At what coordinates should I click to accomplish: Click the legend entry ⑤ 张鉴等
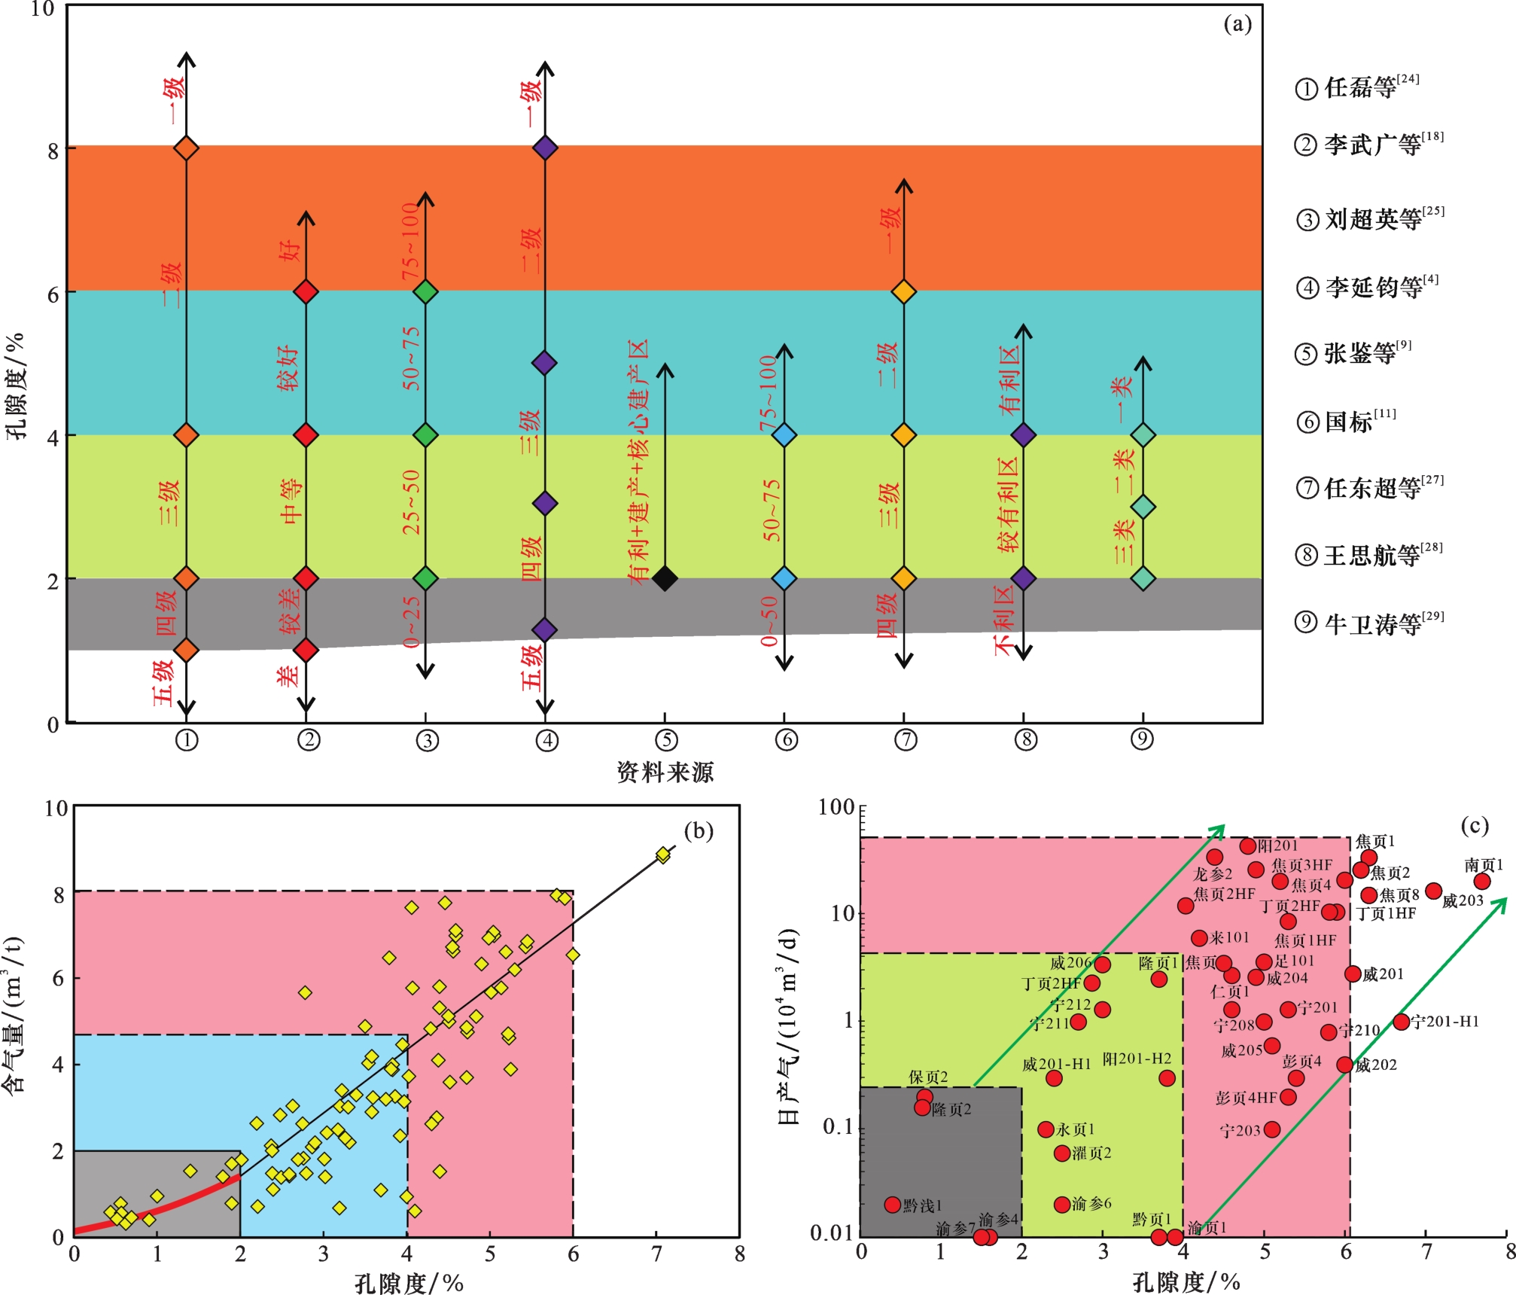(1353, 352)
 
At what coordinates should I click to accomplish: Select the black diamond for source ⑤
(665, 578)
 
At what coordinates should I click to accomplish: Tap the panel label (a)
(1237, 24)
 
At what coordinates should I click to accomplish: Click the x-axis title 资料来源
(665, 772)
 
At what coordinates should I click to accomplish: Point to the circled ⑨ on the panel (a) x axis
(1143, 739)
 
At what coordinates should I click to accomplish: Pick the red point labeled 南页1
(1482, 881)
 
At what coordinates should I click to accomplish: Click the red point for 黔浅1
(893, 1205)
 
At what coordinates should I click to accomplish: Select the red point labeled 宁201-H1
(1401, 1022)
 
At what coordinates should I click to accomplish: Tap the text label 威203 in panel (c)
(1463, 900)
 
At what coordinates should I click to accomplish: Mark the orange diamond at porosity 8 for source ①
(187, 148)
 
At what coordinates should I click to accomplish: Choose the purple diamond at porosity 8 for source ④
(545, 148)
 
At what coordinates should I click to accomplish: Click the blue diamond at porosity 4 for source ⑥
(784, 435)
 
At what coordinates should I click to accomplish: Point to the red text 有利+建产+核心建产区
(639, 462)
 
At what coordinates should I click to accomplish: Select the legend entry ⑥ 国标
(1346, 421)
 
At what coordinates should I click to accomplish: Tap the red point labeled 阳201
(1248, 846)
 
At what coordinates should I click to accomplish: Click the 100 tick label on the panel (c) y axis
(836, 807)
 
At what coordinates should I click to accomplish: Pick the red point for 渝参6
(1062, 1205)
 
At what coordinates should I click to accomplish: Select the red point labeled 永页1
(1046, 1129)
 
